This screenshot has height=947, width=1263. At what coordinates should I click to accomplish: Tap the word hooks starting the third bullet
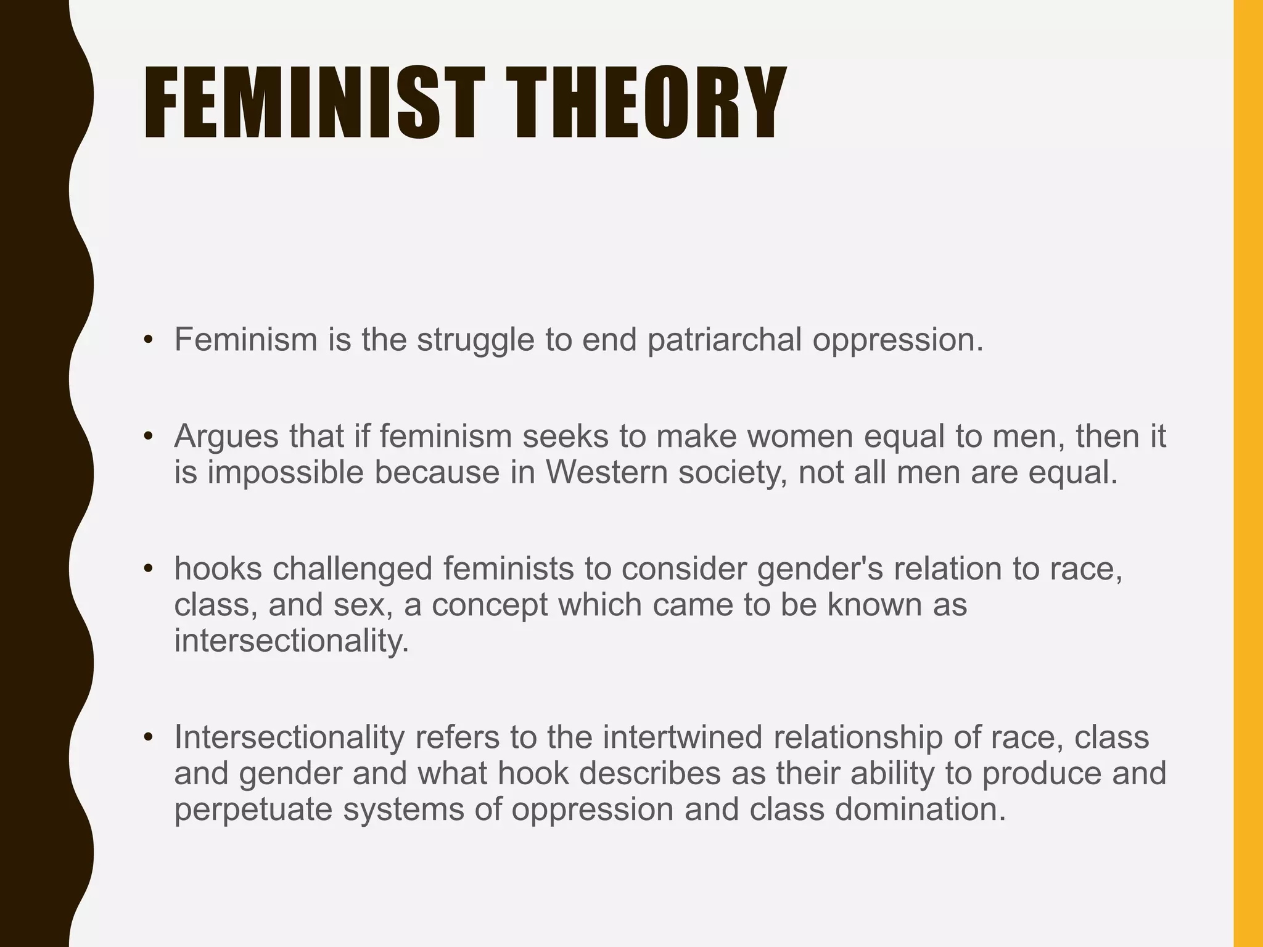pyautogui.click(x=218, y=568)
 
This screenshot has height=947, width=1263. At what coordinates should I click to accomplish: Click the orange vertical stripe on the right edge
pyautogui.click(x=1248, y=473)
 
